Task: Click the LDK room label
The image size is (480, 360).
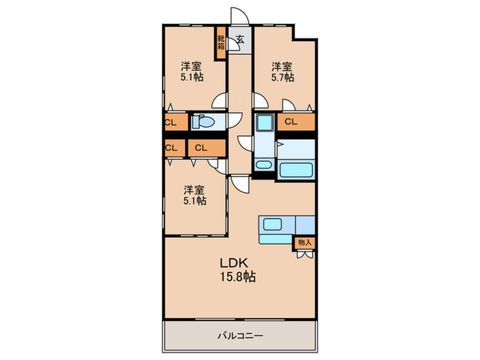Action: [x=234, y=263]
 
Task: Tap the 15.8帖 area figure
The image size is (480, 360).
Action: [x=238, y=277]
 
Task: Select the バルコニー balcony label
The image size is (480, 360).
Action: [x=240, y=336]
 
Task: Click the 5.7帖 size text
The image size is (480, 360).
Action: [x=283, y=77]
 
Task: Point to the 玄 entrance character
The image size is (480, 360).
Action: [x=240, y=39]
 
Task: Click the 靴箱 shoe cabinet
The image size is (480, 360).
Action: [x=221, y=43]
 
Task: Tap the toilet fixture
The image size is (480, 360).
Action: [x=203, y=122]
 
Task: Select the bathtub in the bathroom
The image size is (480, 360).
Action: [x=296, y=169]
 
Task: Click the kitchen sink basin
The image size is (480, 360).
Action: [x=272, y=224]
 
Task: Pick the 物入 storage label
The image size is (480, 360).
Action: [x=305, y=243]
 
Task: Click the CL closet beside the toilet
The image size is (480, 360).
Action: [x=175, y=123]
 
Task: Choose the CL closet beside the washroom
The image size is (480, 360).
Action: [x=296, y=122]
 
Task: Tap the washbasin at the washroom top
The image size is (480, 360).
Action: [x=265, y=122]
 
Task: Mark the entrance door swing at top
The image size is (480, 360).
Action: [x=239, y=16]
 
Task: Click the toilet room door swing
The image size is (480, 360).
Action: [x=235, y=121]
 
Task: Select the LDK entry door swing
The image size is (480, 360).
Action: [x=240, y=184]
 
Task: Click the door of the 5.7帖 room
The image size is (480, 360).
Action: [x=261, y=101]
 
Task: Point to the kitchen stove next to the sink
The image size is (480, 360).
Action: [x=305, y=225]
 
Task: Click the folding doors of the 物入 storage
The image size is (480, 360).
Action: [x=305, y=254]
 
